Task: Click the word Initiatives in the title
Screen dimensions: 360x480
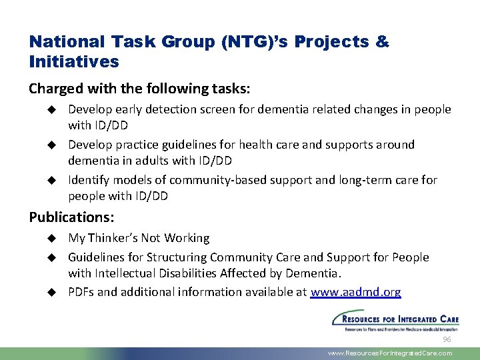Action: point(74,62)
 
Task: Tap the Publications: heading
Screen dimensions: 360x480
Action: point(71,217)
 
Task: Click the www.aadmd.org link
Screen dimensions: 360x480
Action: point(356,292)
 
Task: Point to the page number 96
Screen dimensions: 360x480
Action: point(447,340)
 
